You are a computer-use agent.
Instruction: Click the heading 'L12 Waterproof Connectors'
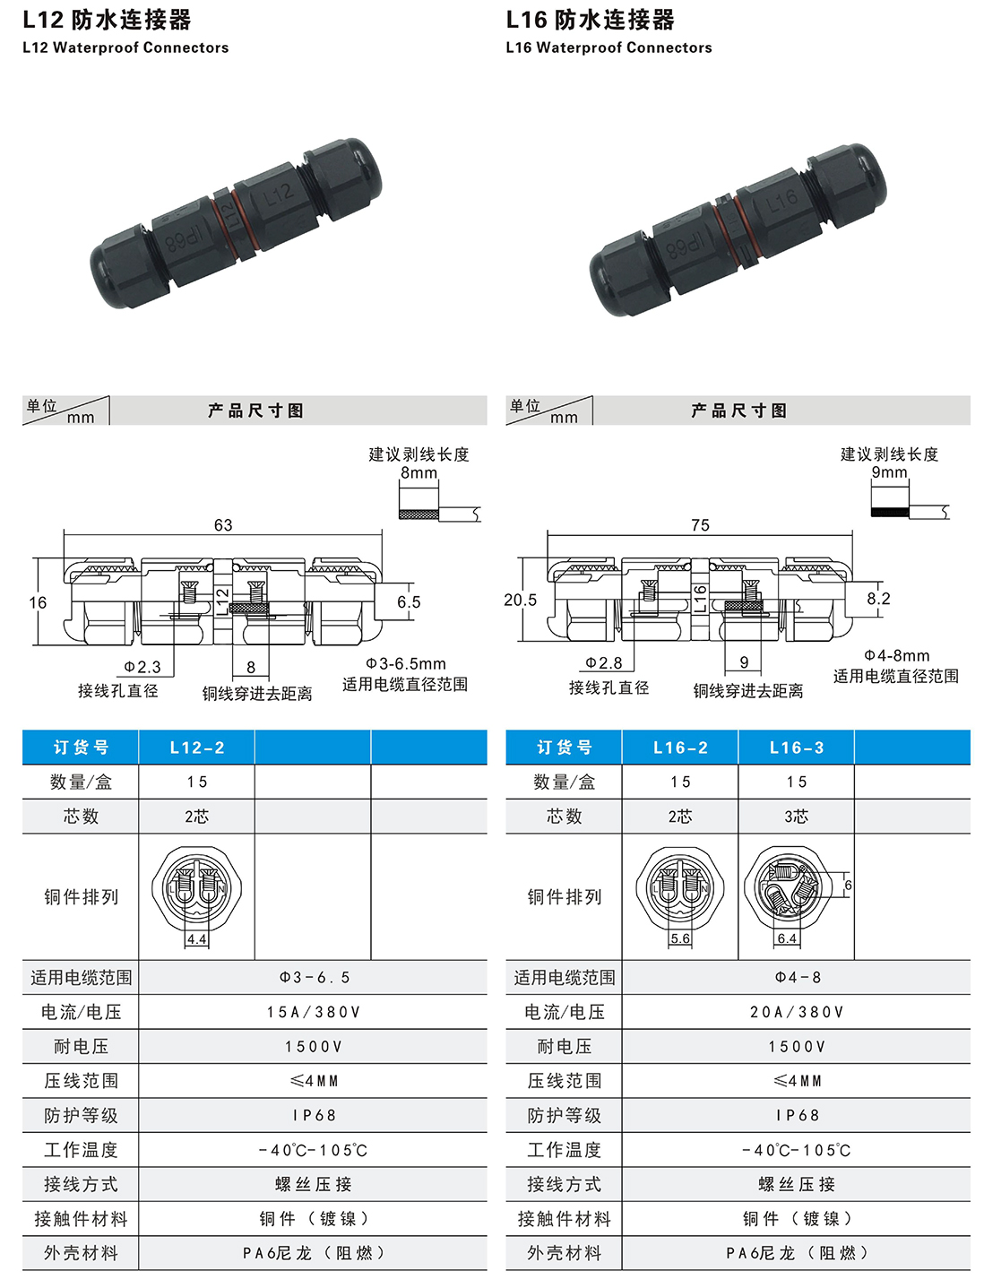pyautogui.click(x=125, y=48)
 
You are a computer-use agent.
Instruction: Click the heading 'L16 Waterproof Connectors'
pyautogui.click(x=609, y=48)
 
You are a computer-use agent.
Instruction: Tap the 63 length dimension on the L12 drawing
pyautogui.click(x=223, y=525)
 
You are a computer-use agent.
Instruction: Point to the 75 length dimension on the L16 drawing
pyautogui.click(x=700, y=525)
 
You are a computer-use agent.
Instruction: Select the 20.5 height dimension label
pyautogui.click(x=520, y=600)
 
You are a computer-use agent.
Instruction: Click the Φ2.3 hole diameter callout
pyautogui.click(x=142, y=667)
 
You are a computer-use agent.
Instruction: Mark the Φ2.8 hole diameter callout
pyautogui.click(x=604, y=662)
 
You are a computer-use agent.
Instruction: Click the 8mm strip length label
pyautogui.click(x=419, y=472)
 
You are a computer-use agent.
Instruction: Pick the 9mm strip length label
pyautogui.click(x=889, y=472)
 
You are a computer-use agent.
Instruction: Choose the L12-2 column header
pyautogui.click(x=197, y=748)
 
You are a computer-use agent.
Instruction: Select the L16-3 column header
pyautogui.click(x=796, y=748)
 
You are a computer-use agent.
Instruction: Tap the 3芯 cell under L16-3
pyautogui.click(x=796, y=817)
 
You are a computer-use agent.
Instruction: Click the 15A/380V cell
pyautogui.click(x=313, y=1012)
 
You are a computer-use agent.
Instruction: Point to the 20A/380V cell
pyautogui.click(x=796, y=1012)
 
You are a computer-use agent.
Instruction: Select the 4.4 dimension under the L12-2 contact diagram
pyautogui.click(x=196, y=939)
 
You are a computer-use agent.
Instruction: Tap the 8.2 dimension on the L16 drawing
pyautogui.click(x=878, y=599)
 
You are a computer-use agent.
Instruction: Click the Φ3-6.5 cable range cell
pyautogui.click(x=313, y=977)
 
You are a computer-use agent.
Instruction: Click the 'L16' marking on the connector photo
pyautogui.click(x=781, y=201)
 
